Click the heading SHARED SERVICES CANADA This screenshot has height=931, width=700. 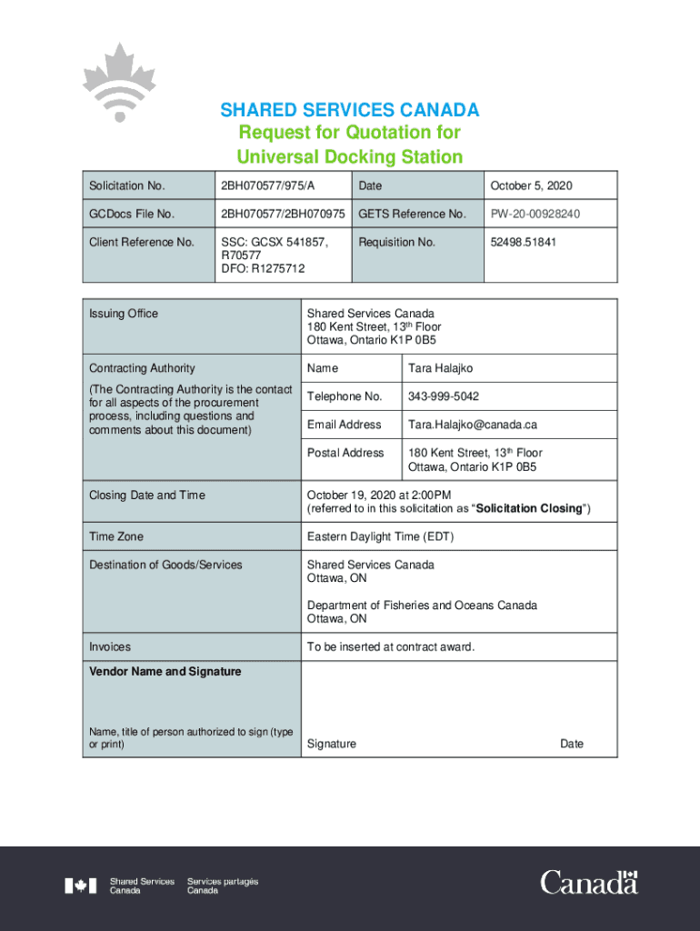tap(350, 111)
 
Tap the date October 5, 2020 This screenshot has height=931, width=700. tap(532, 185)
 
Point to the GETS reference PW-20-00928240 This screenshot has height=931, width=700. tap(535, 214)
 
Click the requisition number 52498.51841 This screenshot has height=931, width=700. tap(524, 242)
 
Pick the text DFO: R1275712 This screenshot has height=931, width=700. tap(263, 269)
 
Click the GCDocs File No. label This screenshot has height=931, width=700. tap(132, 214)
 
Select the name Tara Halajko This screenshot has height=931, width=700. tap(441, 368)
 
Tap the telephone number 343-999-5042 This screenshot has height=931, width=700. tap(444, 396)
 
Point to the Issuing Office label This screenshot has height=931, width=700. tap(124, 314)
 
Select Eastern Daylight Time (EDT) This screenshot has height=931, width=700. tap(380, 536)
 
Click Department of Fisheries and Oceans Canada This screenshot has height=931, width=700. tap(422, 606)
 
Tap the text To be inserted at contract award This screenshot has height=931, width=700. tap(391, 647)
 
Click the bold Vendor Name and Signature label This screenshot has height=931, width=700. tap(165, 672)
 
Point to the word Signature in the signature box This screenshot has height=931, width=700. tap(332, 744)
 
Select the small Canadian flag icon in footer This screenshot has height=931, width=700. tap(80, 886)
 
